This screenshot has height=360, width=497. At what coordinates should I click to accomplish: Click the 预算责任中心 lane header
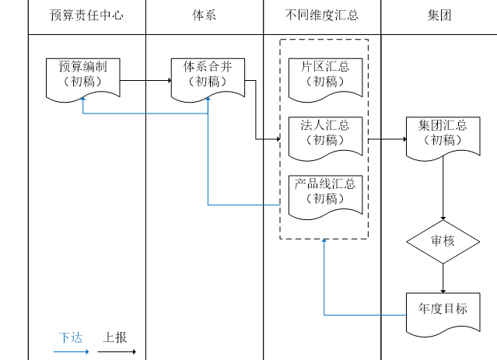[x=86, y=16]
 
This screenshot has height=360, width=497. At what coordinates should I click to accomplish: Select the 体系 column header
[x=204, y=16]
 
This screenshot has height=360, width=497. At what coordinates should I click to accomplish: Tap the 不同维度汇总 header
[x=322, y=16]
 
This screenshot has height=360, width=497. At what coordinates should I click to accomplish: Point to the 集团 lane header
[x=439, y=16]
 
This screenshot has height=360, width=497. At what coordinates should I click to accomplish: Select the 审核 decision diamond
[x=443, y=241]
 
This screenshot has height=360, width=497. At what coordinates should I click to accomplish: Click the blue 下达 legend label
[x=71, y=338]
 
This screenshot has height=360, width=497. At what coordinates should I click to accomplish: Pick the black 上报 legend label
[x=115, y=338]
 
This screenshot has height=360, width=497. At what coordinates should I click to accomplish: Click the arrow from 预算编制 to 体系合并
[x=146, y=80]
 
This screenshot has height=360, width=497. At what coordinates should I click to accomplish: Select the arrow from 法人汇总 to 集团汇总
[x=387, y=140]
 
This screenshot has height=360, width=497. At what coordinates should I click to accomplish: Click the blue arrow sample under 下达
[x=72, y=352]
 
